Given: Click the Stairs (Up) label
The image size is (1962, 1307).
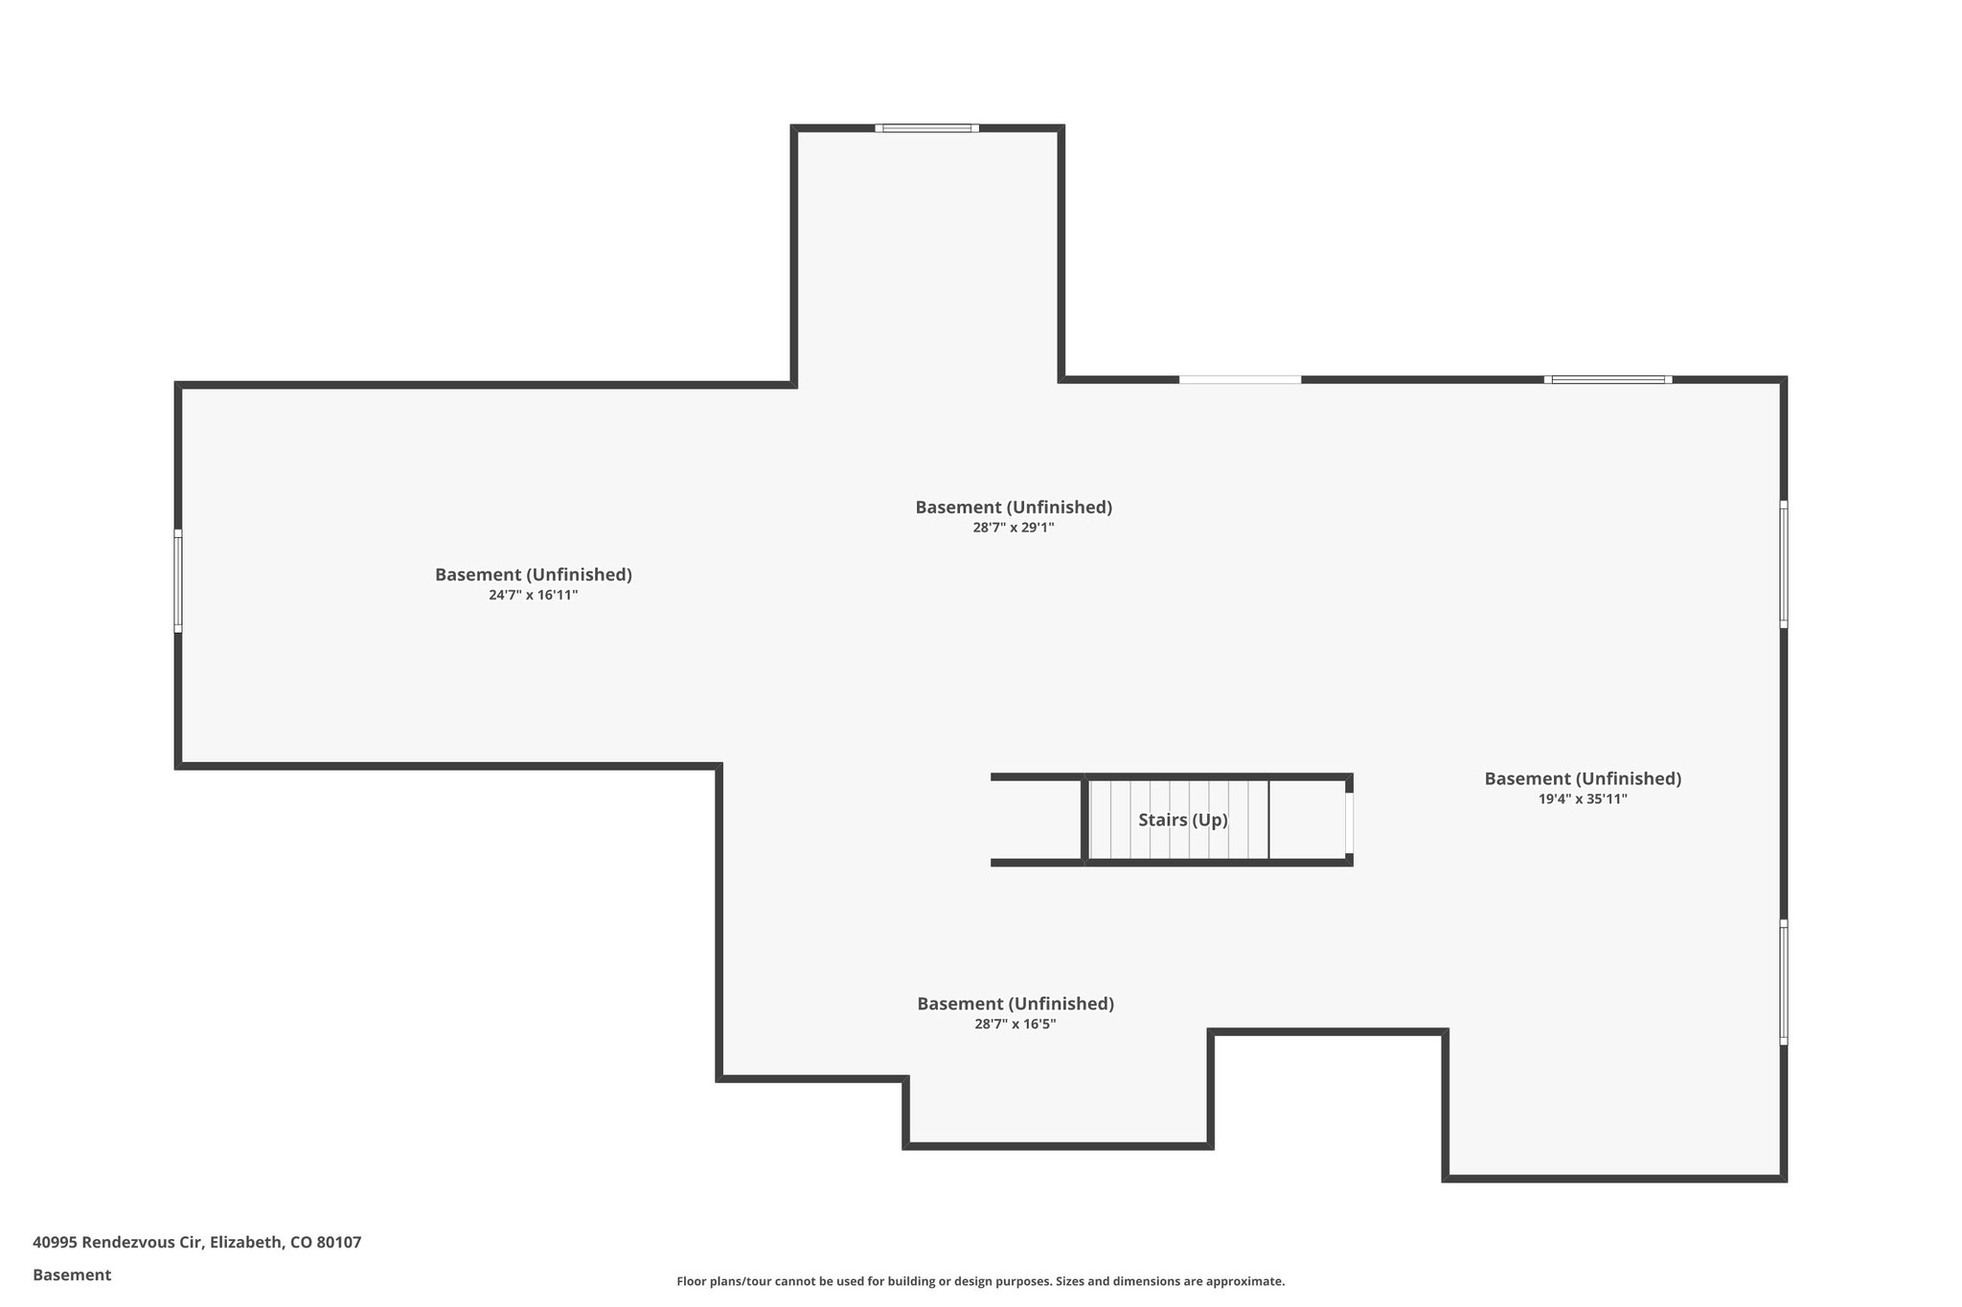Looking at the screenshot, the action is click(x=1183, y=820).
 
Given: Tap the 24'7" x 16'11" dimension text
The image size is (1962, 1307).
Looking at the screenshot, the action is click(x=534, y=595).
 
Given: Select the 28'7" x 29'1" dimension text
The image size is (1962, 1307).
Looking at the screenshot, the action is click(x=1014, y=527).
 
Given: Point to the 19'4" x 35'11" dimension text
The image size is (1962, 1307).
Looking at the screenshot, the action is click(x=1583, y=799).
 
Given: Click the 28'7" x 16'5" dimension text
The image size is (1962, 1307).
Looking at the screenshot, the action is click(x=1015, y=1024).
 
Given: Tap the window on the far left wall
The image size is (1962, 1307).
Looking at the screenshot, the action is click(x=178, y=581).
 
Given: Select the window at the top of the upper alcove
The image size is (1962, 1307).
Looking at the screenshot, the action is click(x=926, y=128).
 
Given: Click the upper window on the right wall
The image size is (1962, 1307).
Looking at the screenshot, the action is click(x=1784, y=564).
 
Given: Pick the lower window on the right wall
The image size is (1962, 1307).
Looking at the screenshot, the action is click(x=1784, y=981).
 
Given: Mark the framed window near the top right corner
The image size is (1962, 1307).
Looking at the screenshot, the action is click(x=1608, y=380).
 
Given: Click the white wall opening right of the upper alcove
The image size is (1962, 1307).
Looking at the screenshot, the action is click(x=1240, y=380).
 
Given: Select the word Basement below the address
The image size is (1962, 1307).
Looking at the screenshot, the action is click(x=72, y=1274).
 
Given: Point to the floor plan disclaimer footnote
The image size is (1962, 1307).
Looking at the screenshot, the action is click(x=981, y=1281).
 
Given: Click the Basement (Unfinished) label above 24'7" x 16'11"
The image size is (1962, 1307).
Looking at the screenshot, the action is click(x=534, y=575).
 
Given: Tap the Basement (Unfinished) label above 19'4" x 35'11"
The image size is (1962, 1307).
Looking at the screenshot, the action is click(x=1583, y=778).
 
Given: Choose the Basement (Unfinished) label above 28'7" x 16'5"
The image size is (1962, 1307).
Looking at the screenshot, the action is click(x=1015, y=1003).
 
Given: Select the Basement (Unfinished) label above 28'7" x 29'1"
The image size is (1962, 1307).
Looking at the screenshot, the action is click(x=1014, y=507).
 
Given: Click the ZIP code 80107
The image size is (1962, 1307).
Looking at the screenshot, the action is click(x=339, y=1243).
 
